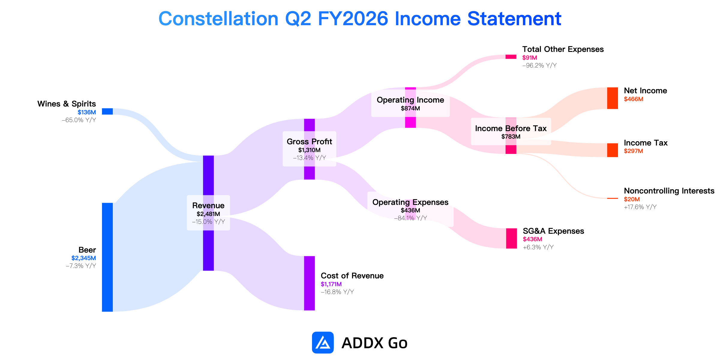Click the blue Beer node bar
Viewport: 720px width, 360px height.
tap(107, 257)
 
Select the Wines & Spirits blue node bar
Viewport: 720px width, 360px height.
tap(107, 111)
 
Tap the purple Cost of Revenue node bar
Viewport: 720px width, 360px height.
tap(309, 283)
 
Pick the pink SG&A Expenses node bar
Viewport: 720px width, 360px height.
tap(511, 238)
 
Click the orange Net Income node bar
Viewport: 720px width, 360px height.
tap(613, 98)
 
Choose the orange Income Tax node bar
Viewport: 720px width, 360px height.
tap(613, 150)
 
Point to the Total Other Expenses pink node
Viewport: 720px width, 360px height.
tap(511, 57)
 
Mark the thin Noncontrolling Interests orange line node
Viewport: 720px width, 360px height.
tap(613, 198)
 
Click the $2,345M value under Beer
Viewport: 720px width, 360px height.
tap(84, 258)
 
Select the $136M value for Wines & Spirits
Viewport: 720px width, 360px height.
tap(87, 112)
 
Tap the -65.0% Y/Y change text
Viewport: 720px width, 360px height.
tap(79, 120)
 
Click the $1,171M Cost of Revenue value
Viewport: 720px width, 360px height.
tap(331, 284)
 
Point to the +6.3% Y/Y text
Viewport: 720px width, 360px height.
tap(538, 247)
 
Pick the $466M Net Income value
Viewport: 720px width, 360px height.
tap(634, 99)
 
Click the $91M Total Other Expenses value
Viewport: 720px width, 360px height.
tap(529, 58)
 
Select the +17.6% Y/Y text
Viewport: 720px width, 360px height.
tap(640, 207)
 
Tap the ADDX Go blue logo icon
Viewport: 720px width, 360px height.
tap(323, 343)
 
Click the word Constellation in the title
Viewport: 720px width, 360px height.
tap(218, 19)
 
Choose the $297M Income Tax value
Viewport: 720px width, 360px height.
tap(633, 151)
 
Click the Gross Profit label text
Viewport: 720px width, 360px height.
tap(309, 142)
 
